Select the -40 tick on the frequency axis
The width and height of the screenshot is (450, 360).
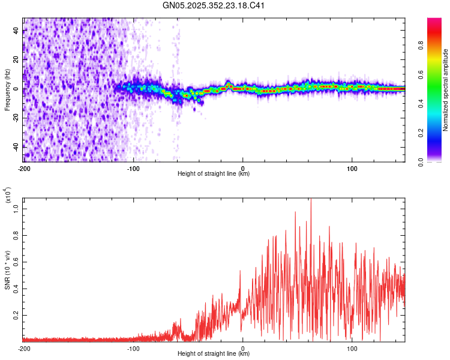(16, 146)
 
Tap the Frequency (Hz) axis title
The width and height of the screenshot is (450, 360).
(7, 90)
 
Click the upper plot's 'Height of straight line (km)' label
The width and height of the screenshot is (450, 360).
(214, 174)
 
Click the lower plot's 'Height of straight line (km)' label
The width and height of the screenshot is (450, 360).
(214, 354)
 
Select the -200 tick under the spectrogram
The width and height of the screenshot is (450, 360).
(24, 168)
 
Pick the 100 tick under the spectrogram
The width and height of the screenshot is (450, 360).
(352, 168)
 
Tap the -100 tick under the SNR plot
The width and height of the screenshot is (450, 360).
(133, 348)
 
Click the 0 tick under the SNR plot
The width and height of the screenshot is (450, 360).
(243, 348)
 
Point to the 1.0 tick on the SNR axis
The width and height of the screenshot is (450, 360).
(16, 207)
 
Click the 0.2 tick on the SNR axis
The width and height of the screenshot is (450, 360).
(16, 314)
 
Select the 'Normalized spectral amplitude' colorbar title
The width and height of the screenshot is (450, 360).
(446, 90)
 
